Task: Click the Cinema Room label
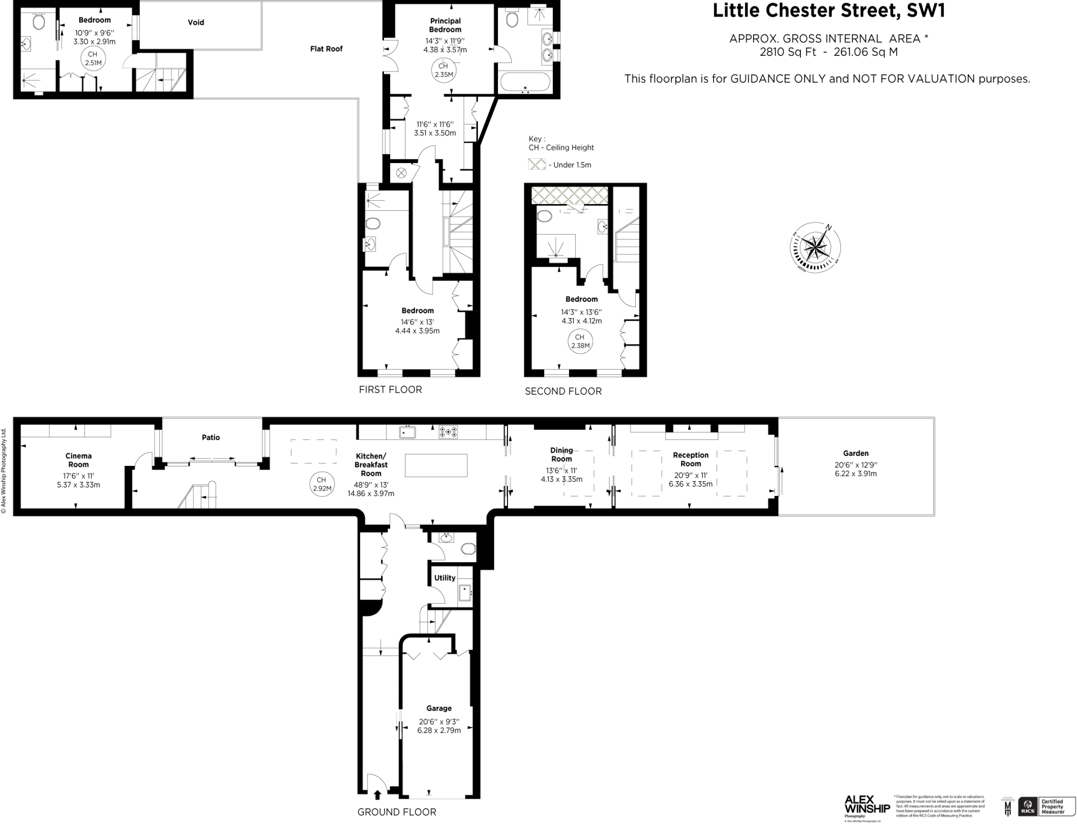pyautogui.click(x=78, y=460)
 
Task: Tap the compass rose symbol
pyautogui.click(x=815, y=247)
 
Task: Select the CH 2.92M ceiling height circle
pyautogui.click(x=321, y=484)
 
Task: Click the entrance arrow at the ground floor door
pyautogui.click(x=377, y=795)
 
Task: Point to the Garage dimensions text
pyautogui.click(x=439, y=726)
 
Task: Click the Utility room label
pyautogui.click(x=444, y=578)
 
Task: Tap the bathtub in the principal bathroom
pyautogui.click(x=525, y=83)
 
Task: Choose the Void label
pyautogui.click(x=196, y=22)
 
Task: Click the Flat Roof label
pyautogui.click(x=326, y=49)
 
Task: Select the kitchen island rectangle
pyautogui.click(x=436, y=465)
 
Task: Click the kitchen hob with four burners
pyautogui.click(x=448, y=432)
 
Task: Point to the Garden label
pyautogui.click(x=856, y=453)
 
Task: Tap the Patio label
pyautogui.click(x=211, y=437)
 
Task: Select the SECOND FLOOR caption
pyautogui.click(x=563, y=391)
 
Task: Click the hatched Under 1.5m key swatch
pyautogui.click(x=537, y=165)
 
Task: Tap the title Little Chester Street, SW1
pyautogui.click(x=828, y=11)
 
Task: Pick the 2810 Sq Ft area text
pyautogui.click(x=788, y=52)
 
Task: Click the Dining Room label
pyautogui.click(x=561, y=454)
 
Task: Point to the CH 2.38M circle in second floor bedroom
pyautogui.click(x=580, y=341)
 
